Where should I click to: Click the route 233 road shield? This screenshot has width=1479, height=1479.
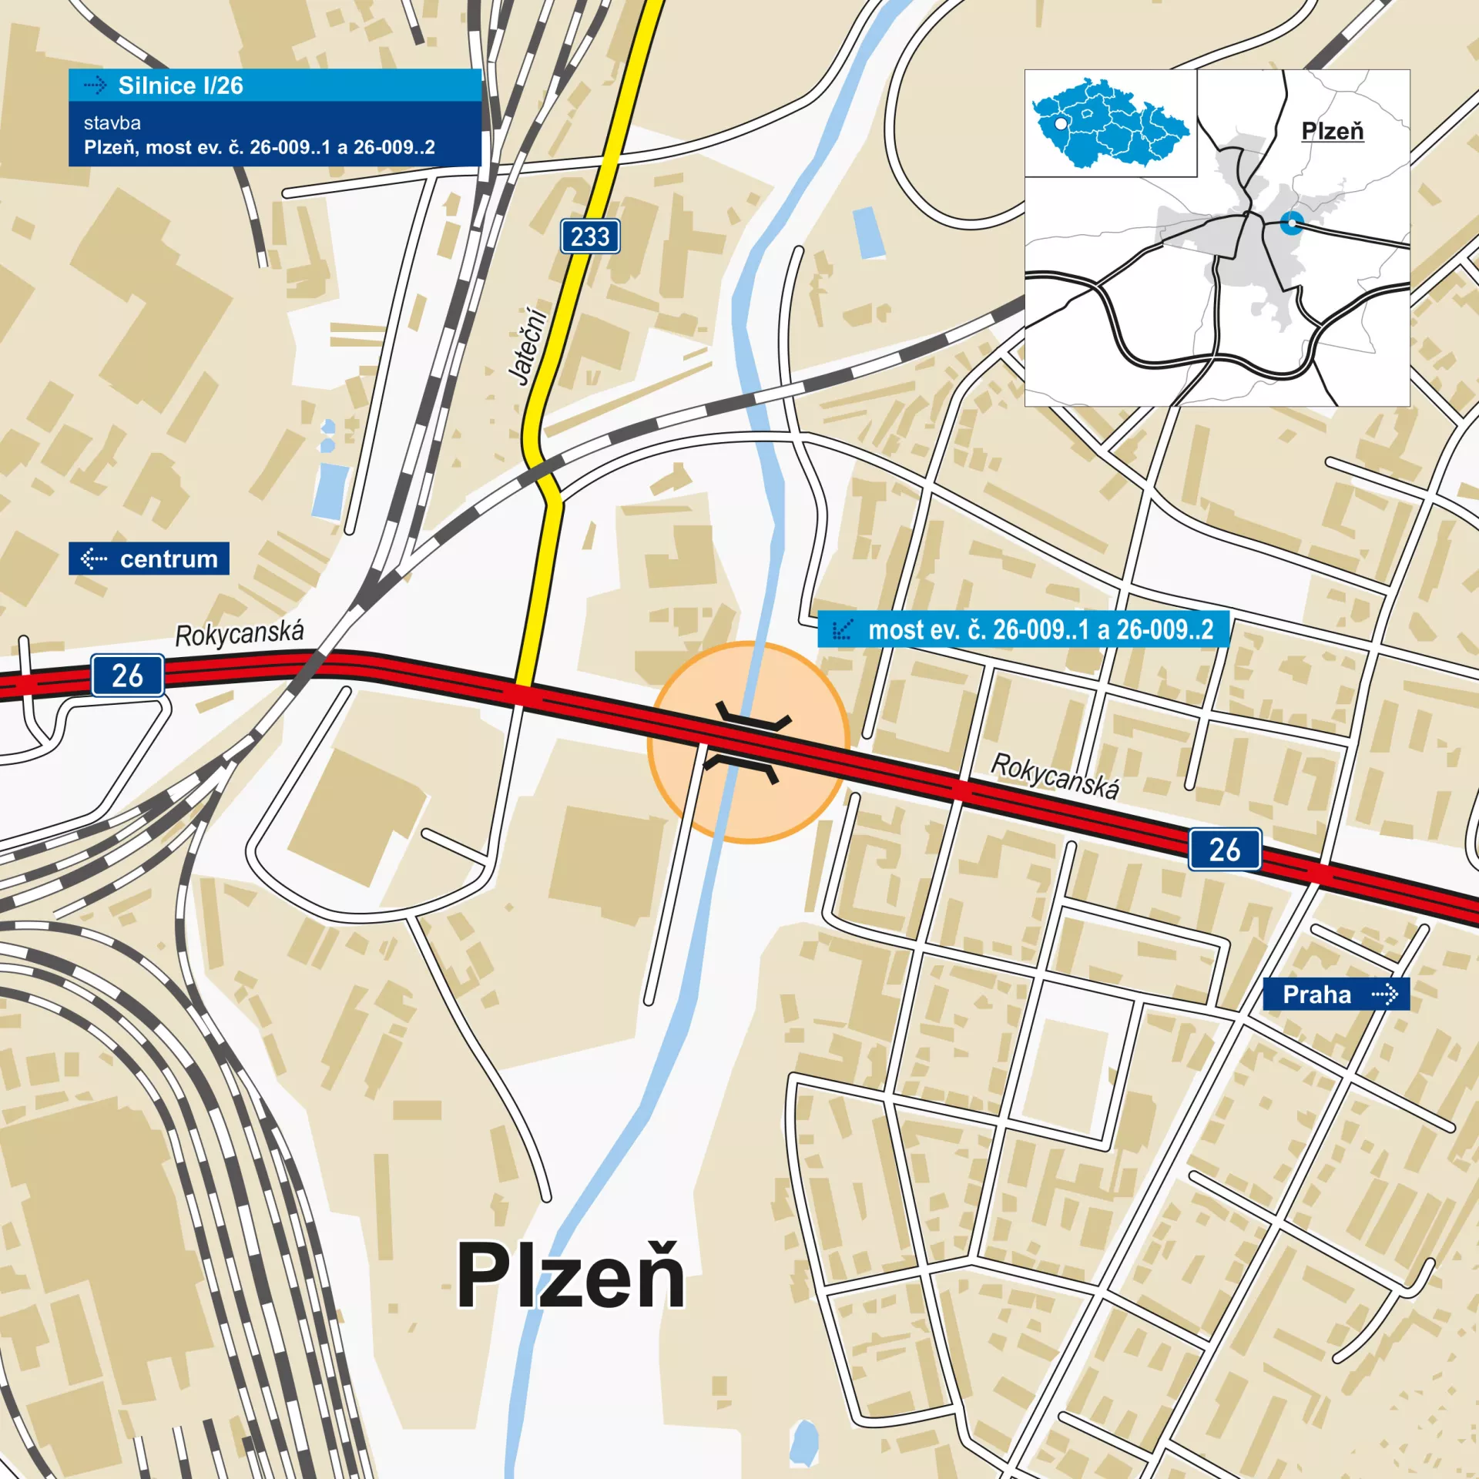pos(589,236)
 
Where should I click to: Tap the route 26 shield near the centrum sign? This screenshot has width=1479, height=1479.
pos(128,676)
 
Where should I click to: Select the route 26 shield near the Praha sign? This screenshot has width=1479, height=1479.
pos(1224,850)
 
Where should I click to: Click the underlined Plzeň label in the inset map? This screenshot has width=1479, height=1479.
pos(1332,131)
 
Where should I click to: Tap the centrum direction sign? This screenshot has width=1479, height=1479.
pos(149,558)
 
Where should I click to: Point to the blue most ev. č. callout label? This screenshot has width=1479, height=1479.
pos(1023,630)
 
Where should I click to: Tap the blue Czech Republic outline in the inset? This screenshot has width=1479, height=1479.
pos(1109,123)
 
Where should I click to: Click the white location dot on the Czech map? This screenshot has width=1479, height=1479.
pos(1061,123)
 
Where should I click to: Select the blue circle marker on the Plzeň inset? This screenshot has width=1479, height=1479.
pos(1292,223)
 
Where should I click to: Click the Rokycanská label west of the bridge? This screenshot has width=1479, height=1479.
pos(239,634)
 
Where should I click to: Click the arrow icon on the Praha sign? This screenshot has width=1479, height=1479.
pos(1384,994)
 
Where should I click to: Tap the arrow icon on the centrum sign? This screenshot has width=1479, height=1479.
pos(94,558)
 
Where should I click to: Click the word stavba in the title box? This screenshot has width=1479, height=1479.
pos(112,123)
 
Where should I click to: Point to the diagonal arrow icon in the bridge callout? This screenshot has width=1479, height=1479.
pos(843,630)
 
